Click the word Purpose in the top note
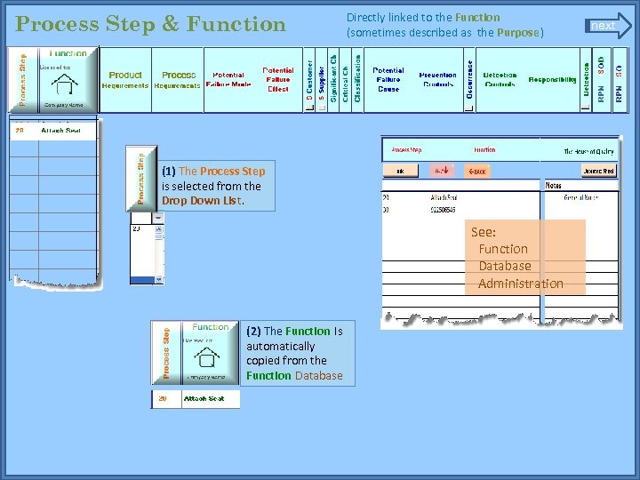coord(519,33)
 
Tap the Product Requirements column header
coord(125,80)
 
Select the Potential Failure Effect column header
coord(277,79)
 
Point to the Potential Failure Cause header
coord(388,79)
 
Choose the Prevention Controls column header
coord(437,80)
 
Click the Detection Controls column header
coord(500,80)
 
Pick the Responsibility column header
coord(552,80)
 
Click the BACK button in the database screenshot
coord(477,171)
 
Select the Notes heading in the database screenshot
coord(553,185)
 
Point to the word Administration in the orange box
coord(521,284)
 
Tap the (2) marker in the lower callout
coord(253,331)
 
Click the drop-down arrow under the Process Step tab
coord(159,217)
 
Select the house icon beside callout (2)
coord(208,357)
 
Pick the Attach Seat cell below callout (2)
coord(204,399)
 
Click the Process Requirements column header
coord(178,80)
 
